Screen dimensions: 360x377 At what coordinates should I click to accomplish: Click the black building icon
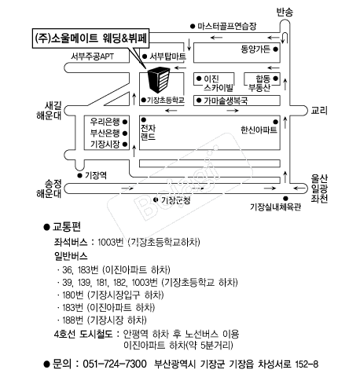pyautogui.click(x=159, y=79)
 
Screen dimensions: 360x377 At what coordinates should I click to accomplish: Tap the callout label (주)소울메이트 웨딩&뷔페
pyautogui.click(x=90, y=38)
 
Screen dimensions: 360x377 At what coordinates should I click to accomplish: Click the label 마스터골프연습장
pyautogui.click(x=227, y=26)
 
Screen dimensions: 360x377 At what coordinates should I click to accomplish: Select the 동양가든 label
pyautogui.click(x=255, y=49)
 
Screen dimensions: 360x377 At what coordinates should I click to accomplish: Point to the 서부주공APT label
pyautogui.click(x=92, y=57)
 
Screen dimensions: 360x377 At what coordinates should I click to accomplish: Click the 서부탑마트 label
pyautogui.click(x=167, y=57)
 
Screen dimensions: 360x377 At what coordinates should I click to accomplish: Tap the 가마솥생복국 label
pyautogui.click(x=226, y=101)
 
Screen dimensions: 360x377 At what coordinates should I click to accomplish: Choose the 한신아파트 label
pyautogui.click(x=259, y=130)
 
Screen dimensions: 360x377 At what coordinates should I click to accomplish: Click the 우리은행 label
pyautogui.click(x=105, y=122)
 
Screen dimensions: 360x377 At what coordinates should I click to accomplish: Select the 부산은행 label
pyautogui.click(x=105, y=133)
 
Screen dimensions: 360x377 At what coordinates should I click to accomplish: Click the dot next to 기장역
pyautogui.click(x=79, y=176)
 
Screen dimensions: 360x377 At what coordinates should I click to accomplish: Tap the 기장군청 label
pyautogui.click(x=175, y=200)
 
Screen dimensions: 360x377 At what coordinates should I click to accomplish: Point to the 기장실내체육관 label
pyautogui.click(x=276, y=207)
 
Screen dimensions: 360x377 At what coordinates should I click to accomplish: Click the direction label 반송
pyautogui.click(x=285, y=12)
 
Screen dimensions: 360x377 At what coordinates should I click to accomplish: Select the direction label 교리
pyautogui.click(x=319, y=111)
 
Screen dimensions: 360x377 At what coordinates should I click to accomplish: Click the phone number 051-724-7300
pyautogui.click(x=115, y=364)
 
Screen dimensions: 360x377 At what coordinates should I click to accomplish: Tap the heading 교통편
pyautogui.click(x=67, y=227)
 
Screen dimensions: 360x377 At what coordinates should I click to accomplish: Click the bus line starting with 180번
pyautogui.click(x=112, y=295)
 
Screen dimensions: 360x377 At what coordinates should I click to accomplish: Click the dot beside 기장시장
pyautogui.click(x=125, y=145)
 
